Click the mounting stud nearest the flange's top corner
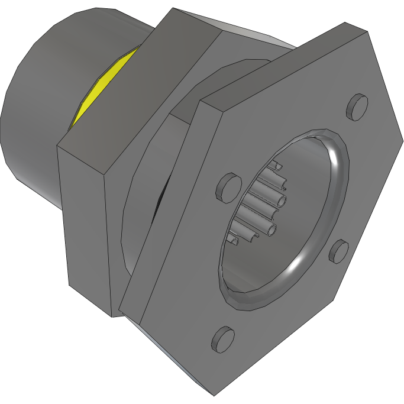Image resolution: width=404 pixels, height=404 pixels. click(x=358, y=106)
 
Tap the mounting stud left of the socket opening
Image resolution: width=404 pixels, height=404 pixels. click(x=227, y=185)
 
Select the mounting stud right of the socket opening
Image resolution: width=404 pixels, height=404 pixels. click(x=339, y=251)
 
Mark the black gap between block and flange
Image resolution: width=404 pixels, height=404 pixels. click(x=164, y=201)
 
